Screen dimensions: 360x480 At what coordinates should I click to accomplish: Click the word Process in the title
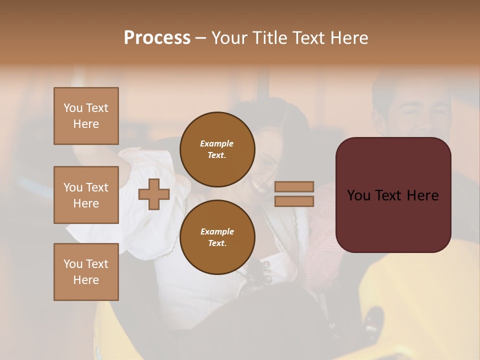(x=157, y=38)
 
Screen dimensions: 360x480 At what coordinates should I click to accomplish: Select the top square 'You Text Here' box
(x=86, y=116)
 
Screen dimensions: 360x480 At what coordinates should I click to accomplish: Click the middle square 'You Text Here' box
(x=86, y=195)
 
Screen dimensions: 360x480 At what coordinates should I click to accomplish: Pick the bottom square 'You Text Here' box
(x=86, y=271)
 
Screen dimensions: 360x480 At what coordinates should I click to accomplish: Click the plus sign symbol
(x=153, y=194)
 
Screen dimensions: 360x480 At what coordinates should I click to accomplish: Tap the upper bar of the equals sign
(x=294, y=186)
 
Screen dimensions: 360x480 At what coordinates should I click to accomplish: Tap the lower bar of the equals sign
(x=294, y=201)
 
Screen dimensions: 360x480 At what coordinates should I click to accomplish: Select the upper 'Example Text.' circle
(x=217, y=149)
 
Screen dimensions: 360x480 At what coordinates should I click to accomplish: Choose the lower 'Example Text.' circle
(x=217, y=237)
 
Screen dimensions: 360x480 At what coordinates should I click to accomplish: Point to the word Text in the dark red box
(x=395, y=195)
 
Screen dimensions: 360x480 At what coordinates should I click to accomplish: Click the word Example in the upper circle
(x=217, y=143)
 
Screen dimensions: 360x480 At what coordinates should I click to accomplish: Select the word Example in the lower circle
(x=217, y=231)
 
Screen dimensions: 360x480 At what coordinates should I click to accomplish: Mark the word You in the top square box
(x=72, y=108)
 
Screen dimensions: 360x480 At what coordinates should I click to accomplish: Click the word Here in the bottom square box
(x=86, y=280)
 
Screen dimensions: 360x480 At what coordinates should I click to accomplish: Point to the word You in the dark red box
(x=358, y=195)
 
